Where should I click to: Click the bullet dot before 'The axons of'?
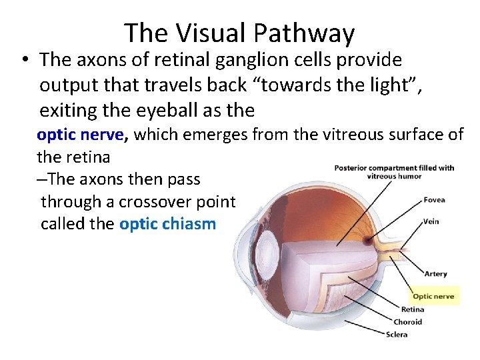pyautogui.click(x=23, y=61)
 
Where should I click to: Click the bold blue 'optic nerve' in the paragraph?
pyautogui.click(x=81, y=135)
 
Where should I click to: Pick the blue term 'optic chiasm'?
pyautogui.click(x=167, y=223)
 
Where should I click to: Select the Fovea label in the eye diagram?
pyautogui.click(x=434, y=200)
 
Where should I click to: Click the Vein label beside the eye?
pyautogui.click(x=431, y=221)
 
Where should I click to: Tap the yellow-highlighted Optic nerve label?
pyautogui.click(x=434, y=296)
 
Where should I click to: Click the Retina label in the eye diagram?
pyautogui.click(x=412, y=309)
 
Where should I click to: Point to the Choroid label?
pyautogui.click(x=407, y=322)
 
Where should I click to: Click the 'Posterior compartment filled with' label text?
pyautogui.click(x=394, y=168)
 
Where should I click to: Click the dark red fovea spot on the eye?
pyautogui.click(x=368, y=237)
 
